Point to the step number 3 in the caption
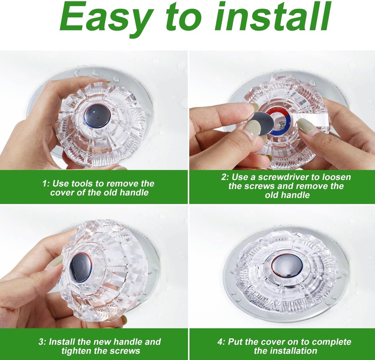pos(41,342)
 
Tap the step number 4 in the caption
pos(220,342)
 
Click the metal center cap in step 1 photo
pos(98,115)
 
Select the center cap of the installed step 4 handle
pos(287,265)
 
